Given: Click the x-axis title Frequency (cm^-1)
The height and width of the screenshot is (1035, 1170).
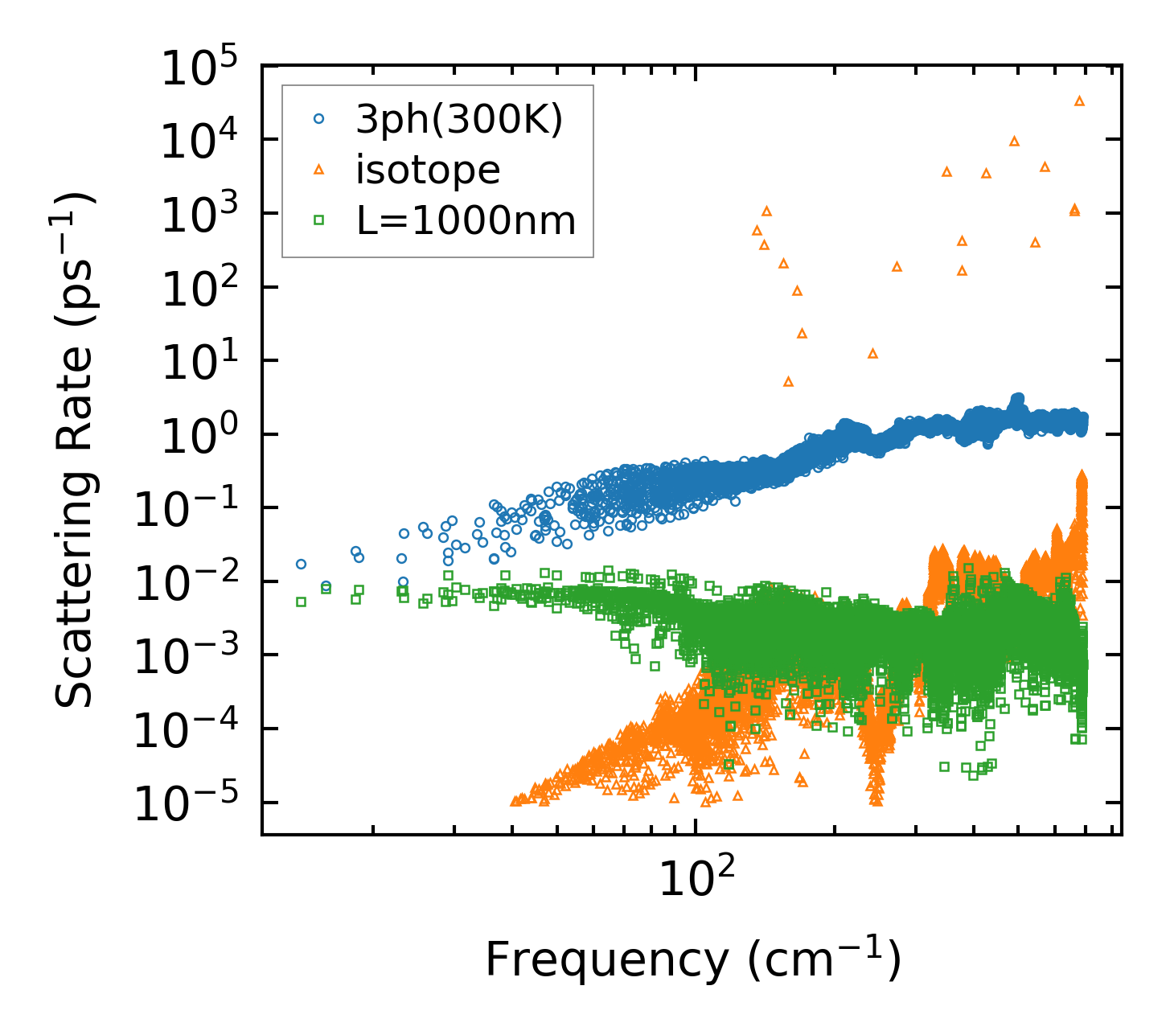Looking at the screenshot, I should tap(692, 959).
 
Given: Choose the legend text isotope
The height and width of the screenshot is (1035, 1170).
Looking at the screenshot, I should tap(428, 170).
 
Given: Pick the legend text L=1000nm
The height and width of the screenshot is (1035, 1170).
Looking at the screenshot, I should tap(466, 220).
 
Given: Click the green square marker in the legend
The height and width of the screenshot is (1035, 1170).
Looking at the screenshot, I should tap(319, 219).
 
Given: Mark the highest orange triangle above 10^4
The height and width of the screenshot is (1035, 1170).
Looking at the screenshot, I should tap(1079, 101).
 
